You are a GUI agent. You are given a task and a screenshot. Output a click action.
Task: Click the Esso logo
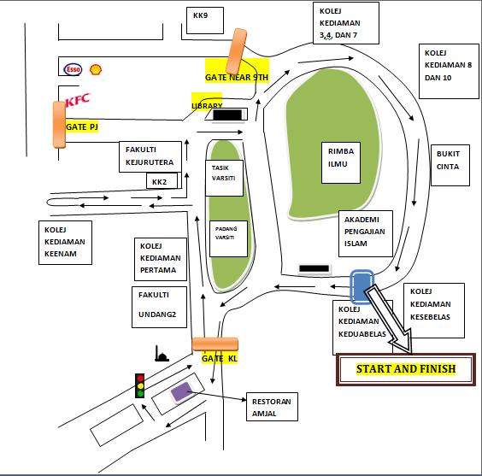point(73,69)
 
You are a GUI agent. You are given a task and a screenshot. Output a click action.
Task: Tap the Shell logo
point(96,69)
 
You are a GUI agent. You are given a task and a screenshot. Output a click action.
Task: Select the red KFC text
point(78,100)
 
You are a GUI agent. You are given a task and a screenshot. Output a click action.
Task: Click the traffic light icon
point(140,385)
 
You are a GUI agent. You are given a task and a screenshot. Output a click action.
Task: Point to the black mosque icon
point(162,354)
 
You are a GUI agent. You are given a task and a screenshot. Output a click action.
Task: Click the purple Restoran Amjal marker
point(182,392)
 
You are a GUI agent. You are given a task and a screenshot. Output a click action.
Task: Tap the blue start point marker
point(361,285)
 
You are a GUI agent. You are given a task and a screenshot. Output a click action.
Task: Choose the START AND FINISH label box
point(406,369)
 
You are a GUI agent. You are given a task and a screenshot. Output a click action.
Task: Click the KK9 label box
point(205,21)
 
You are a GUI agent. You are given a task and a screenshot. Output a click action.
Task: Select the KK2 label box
point(162,180)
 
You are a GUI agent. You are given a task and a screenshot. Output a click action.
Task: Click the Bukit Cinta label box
point(450,165)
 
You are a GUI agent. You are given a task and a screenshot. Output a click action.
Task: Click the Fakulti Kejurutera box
point(150,156)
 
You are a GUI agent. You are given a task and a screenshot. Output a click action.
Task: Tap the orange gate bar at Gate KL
point(215,344)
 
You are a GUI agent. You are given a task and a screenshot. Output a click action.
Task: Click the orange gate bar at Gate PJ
point(59,125)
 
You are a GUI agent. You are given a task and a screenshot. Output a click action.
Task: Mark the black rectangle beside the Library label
point(227,115)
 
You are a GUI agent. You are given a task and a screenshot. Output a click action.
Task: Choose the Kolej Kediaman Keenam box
point(65,243)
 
